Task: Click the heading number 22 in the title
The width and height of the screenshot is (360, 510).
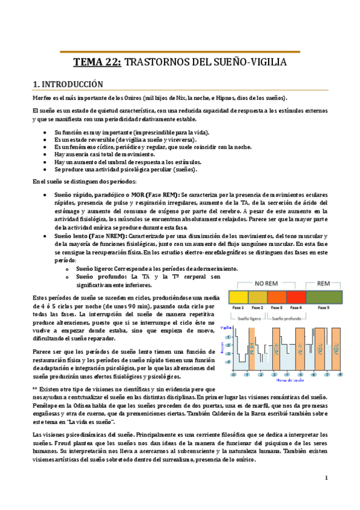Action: point(112,62)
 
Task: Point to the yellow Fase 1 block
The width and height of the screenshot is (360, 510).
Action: point(238,297)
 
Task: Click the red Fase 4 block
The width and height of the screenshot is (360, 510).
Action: point(296,297)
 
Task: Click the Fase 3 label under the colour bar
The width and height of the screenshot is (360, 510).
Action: point(277,308)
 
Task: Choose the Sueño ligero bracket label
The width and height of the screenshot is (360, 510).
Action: point(248,318)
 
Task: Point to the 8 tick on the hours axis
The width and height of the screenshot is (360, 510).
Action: point(341,374)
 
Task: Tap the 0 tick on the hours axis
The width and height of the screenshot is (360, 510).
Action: point(233,374)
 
